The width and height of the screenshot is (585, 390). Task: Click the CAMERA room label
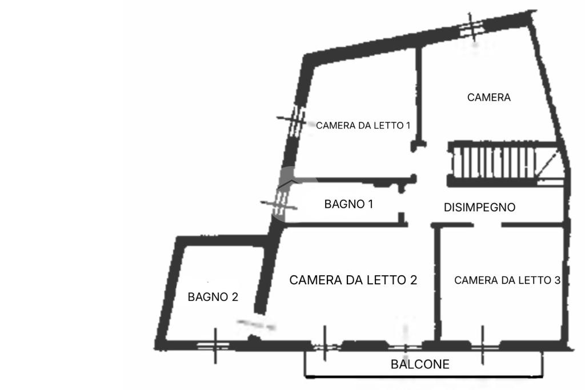(x=489, y=97)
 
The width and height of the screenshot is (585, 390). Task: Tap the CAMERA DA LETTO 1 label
(x=363, y=126)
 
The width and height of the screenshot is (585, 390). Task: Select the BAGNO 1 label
(x=348, y=204)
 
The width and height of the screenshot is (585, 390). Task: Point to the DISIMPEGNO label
(x=479, y=207)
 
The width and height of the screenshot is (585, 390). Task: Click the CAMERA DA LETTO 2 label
(x=353, y=280)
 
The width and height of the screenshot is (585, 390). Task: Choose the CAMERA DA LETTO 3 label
(x=507, y=280)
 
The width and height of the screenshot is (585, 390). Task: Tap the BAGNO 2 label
(x=213, y=297)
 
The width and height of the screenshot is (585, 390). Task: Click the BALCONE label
(x=420, y=364)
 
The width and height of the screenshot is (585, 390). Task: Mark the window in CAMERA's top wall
(x=471, y=27)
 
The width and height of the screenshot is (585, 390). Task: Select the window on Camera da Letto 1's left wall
(x=295, y=120)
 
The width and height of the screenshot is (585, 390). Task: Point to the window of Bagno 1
(x=281, y=203)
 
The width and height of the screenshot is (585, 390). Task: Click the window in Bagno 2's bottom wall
(x=214, y=345)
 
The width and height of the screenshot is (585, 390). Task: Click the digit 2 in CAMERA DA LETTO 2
(x=413, y=280)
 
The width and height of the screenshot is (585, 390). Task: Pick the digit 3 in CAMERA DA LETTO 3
(x=558, y=280)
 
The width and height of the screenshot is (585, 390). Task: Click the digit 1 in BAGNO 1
(x=370, y=204)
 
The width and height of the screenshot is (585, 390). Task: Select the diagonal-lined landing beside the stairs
(x=549, y=167)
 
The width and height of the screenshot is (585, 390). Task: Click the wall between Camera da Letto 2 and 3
(x=438, y=283)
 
